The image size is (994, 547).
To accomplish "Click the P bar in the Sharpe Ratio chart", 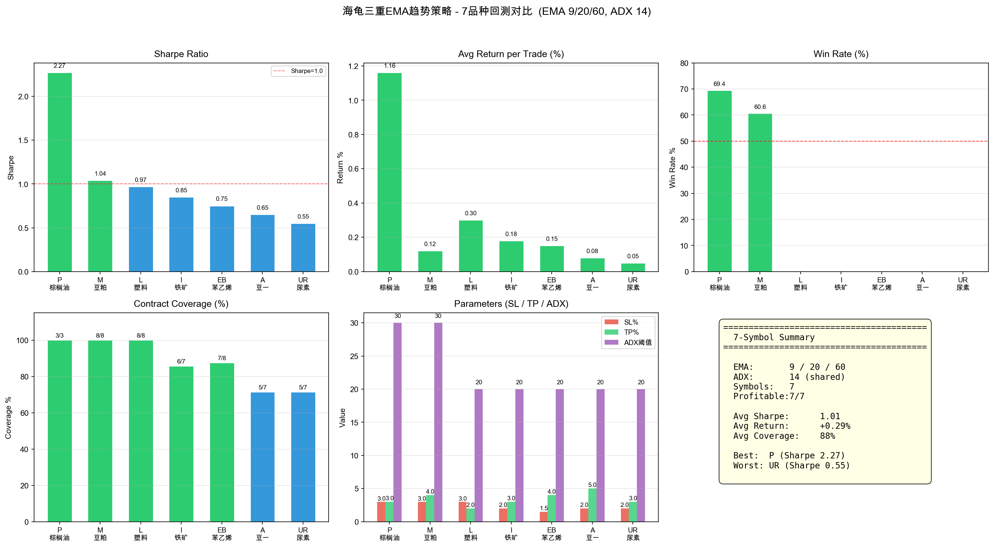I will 59,172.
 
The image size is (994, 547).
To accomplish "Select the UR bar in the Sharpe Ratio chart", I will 303,248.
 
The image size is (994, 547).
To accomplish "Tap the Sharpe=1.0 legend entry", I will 298,71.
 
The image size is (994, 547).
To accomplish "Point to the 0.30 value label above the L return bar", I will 471,213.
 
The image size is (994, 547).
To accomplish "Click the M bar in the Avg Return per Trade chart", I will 430,261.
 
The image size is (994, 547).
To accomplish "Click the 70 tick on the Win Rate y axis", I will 684,89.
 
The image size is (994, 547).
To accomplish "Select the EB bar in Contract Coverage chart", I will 222,442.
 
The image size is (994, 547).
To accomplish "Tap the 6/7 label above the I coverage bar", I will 181,361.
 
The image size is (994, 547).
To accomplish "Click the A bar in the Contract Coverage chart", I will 262,457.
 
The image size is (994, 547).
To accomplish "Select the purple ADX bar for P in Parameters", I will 398,422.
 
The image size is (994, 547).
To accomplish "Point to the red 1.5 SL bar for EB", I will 544,517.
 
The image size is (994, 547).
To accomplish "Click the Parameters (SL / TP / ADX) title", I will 511,304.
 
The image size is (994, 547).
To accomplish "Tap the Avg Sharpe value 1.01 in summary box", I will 830,416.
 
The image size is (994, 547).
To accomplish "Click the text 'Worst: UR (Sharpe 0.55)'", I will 791,465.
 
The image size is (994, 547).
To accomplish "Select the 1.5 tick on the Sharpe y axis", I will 23,140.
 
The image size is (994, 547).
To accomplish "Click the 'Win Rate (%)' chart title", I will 841,54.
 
